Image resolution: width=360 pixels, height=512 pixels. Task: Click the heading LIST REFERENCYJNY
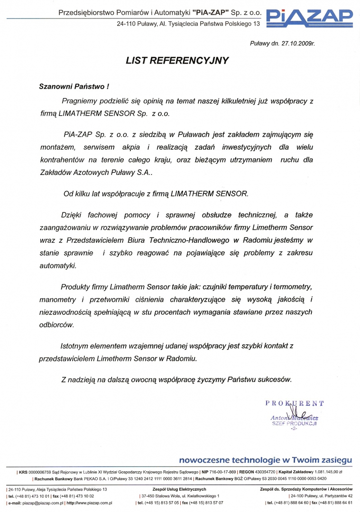point(177,61)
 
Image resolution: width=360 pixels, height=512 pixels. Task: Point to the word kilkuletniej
point(216,101)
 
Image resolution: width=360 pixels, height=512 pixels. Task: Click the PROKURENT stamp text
point(295,403)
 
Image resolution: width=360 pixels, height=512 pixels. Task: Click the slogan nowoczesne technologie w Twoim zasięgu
point(266,460)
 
